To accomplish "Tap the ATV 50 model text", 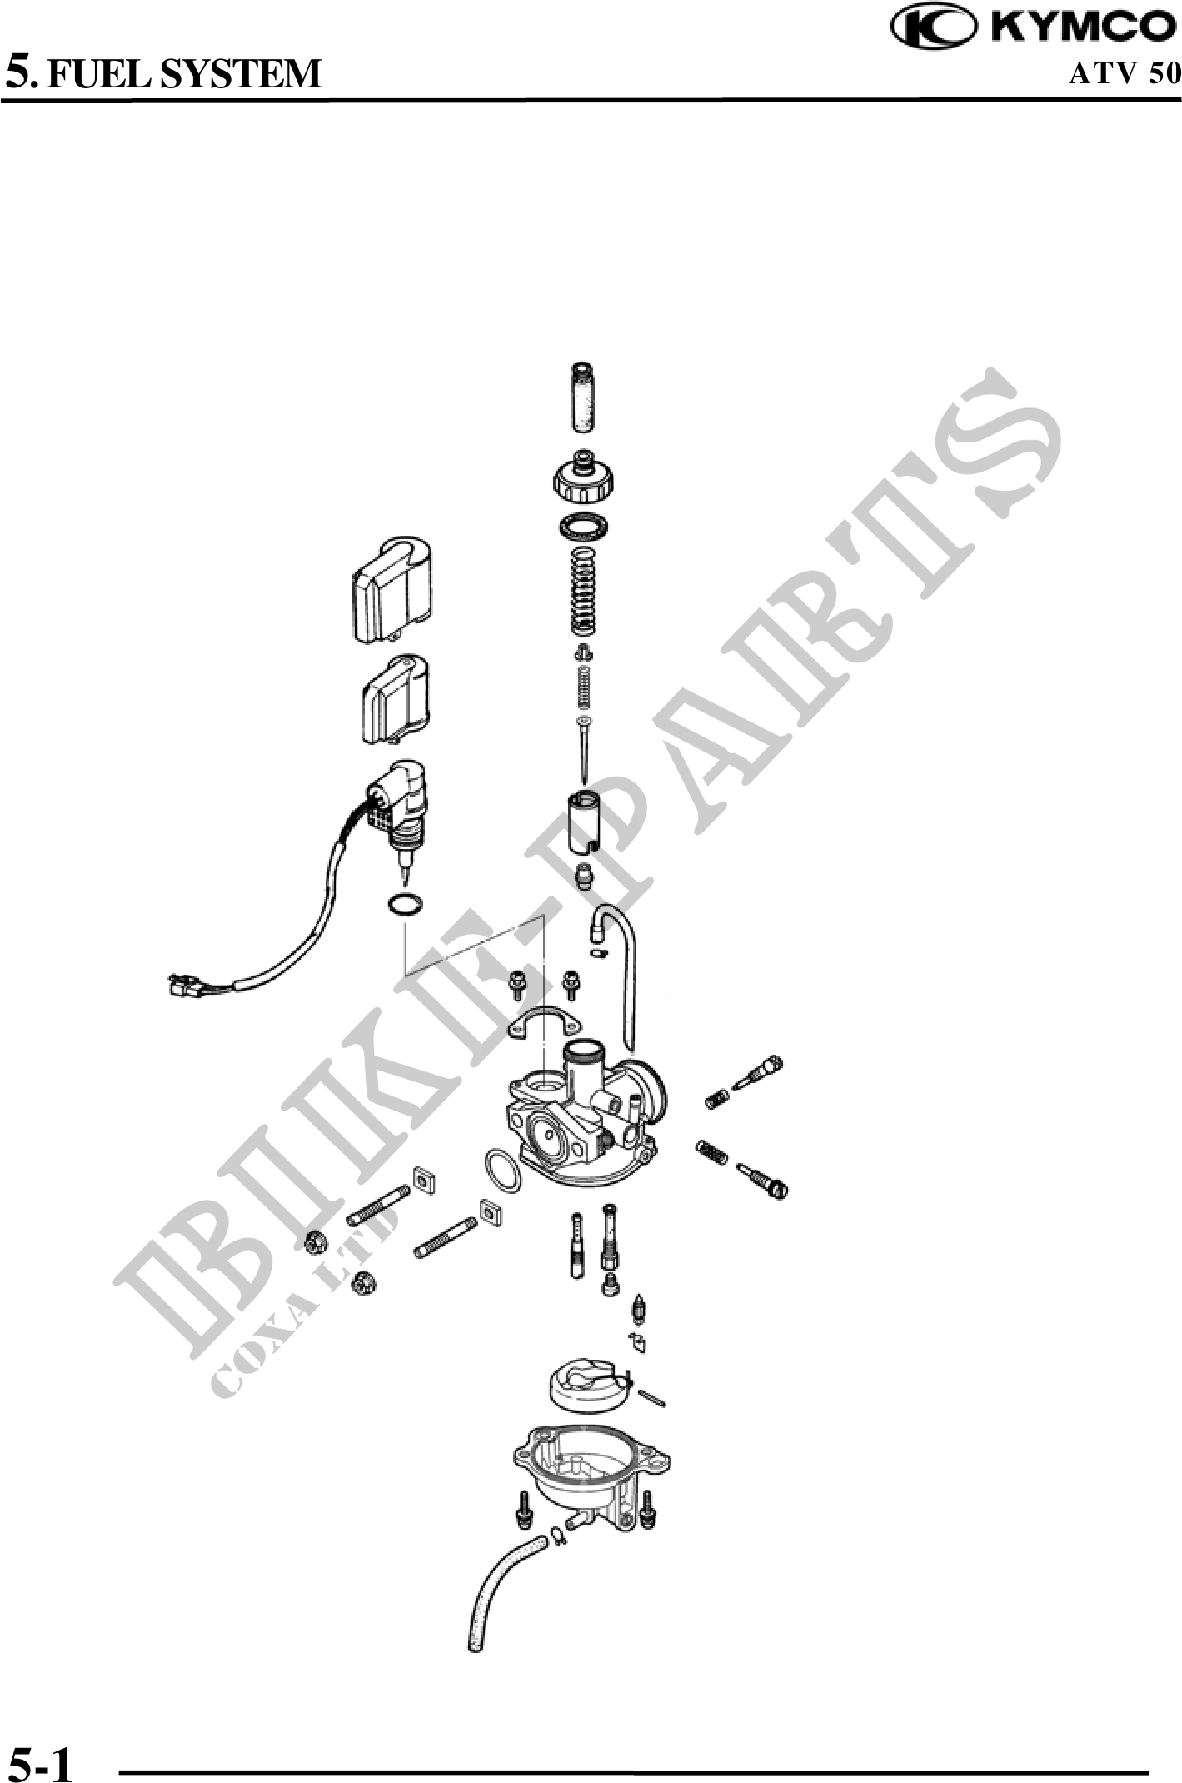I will tap(1125, 73).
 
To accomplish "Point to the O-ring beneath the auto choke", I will tap(405, 905).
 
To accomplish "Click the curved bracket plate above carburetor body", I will tap(546, 1021).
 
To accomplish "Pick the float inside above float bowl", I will tap(587, 1384).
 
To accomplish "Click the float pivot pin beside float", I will tap(652, 1398).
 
